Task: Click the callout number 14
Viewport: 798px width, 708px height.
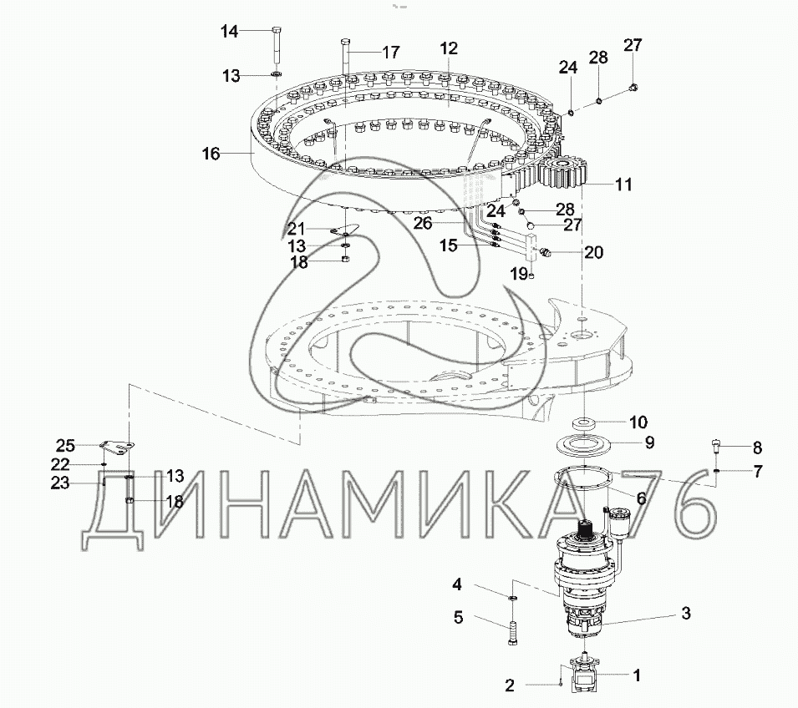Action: point(230,32)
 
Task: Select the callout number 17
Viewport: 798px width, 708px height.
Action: point(391,52)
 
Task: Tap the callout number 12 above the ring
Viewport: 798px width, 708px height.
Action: point(449,48)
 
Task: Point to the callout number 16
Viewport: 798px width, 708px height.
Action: point(211,153)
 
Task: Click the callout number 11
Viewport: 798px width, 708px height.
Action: point(624,185)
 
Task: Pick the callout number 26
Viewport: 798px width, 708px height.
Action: point(423,223)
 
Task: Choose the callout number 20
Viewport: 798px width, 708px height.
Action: point(594,252)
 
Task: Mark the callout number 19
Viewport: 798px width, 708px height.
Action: point(520,274)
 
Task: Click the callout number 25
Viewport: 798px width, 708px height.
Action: point(66,446)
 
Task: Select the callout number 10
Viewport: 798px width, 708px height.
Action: point(638,422)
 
